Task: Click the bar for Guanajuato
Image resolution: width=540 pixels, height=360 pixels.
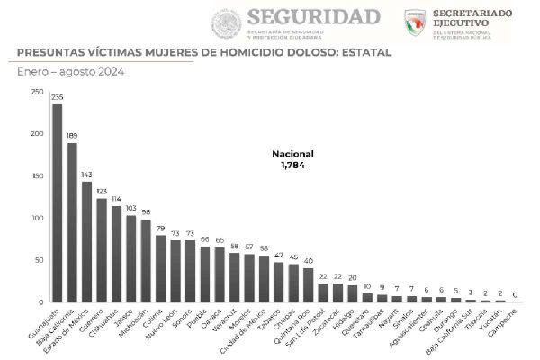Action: pyautogui.click(x=58, y=203)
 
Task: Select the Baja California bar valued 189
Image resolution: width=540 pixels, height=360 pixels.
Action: pyautogui.click(x=72, y=222)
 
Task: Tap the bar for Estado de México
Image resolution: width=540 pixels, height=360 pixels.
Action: pyautogui.click(x=86, y=242)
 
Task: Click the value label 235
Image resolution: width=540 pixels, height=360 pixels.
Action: pyautogui.click(x=58, y=98)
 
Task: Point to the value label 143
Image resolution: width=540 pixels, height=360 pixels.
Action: pyautogui.click(x=86, y=175)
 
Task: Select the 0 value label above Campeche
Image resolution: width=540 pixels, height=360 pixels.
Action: pyautogui.click(x=514, y=295)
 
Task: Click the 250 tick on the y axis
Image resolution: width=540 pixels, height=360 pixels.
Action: pyautogui.click(x=36, y=92)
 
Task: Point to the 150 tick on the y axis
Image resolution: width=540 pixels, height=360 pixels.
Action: pyautogui.click(x=36, y=176)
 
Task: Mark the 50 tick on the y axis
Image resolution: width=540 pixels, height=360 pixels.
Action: pyautogui.click(x=38, y=260)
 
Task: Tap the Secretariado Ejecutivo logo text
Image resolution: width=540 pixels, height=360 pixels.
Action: pyautogui.click(x=472, y=19)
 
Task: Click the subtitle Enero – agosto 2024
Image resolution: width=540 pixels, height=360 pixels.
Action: pyautogui.click(x=70, y=71)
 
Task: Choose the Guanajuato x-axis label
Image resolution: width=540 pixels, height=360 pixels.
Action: pyautogui.click(x=44, y=328)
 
